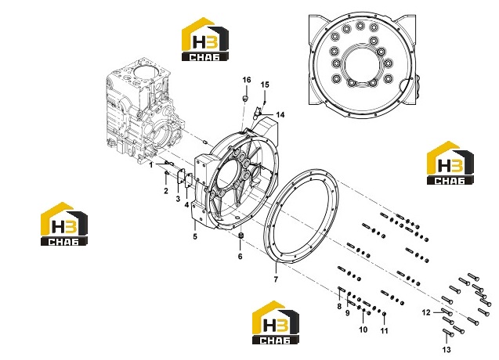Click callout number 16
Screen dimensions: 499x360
point(247,80)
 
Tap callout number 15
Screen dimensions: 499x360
point(265,85)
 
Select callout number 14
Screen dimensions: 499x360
point(280,114)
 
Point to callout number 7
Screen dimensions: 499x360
point(276,279)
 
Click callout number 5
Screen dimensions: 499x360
point(195,236)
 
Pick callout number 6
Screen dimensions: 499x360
point(240,257)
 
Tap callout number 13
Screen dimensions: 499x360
point(447,350)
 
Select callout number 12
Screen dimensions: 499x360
point(426,312)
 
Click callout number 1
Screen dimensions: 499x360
point(151,165)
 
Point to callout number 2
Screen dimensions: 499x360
point(166,191)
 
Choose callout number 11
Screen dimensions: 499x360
point(385,331)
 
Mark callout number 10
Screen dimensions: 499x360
point(363,329)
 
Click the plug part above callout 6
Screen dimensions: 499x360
point(240,236)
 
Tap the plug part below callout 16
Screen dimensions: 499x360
point(245,99)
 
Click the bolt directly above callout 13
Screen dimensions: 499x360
point(448,333)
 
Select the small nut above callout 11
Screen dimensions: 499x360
point(384,314)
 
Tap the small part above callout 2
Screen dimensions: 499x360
point(166,173)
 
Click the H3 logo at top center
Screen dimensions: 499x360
point(205,39)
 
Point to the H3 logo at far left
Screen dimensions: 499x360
point(64,224)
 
